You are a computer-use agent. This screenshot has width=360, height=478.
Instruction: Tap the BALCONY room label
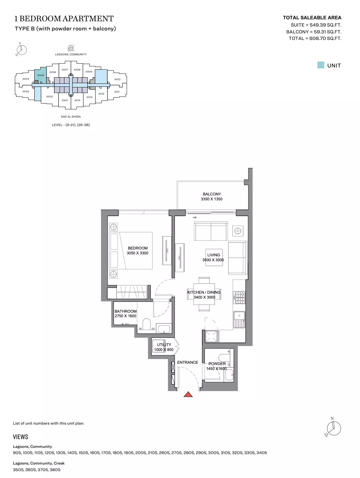click(x=211, y=194)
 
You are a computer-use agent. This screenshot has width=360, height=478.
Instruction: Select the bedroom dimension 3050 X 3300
click(x=137, y=253)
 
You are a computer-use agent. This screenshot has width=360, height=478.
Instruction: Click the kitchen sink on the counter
click(x=239, y=320)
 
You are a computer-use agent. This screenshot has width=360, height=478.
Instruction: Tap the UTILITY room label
click(x=164, y=344)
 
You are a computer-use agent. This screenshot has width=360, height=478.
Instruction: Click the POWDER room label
click(x=217, y=363)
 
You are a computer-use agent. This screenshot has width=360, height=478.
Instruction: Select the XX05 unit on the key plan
click(x=41, y=75)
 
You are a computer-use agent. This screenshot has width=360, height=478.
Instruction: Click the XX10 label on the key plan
click(x=117, y=79)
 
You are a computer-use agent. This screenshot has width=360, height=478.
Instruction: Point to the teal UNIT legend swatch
click(x=320, y=65)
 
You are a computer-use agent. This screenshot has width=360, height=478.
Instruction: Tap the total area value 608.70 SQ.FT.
click(x=325, y=38)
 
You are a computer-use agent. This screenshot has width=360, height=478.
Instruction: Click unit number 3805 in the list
click(x=55, y=470)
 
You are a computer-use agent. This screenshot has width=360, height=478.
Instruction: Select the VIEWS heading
click(x=21, y=437)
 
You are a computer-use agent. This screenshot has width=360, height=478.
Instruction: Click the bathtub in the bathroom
click(x=164, y=329)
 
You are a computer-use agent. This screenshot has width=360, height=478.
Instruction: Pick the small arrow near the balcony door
click(x=195, y=217)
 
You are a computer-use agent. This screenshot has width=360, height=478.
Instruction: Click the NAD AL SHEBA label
click(x=71, y=117)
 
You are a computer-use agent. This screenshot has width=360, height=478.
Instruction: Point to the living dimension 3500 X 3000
click(x=213, y=260)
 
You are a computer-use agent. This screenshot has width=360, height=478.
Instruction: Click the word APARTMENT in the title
click(x=89, y=19)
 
